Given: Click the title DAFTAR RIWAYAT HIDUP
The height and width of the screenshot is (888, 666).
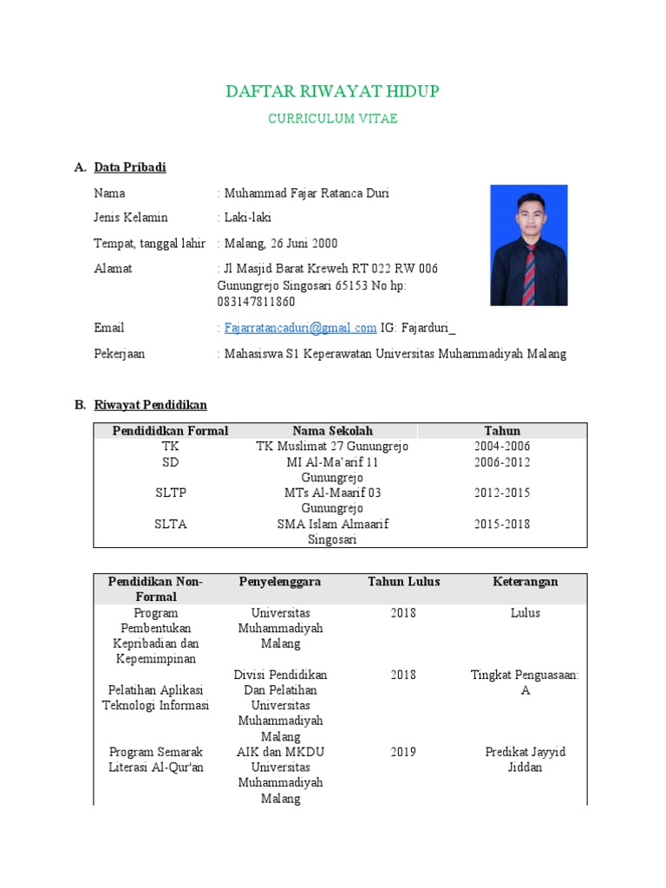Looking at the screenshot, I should pyautogui.click(x=332, y=92).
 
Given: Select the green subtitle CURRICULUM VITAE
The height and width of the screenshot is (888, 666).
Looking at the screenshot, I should pyautogui.click(x=332, y=119).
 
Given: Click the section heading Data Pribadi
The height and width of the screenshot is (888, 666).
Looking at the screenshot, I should pyautogui.click(x=129, y=167).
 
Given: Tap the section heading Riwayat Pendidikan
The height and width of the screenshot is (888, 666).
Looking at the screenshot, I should pyautogui.click(x=150, y=405).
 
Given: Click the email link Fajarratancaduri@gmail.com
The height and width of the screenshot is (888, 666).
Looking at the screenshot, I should pyautogui.click(x=300, y=328).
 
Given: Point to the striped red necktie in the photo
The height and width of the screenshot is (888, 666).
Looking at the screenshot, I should pyautogui.click(x=529, y=272).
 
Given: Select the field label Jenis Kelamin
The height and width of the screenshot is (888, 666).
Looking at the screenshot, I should pyautogui.click(x=131, y=218).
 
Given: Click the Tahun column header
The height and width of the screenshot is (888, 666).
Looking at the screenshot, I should pyautogui.click(x=502, y=431).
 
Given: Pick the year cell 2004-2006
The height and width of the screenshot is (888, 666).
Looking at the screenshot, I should pyautogui.click(x=502, y=447).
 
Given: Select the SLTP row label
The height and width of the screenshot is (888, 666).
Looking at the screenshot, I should pyautogui.click(x=171, y=493).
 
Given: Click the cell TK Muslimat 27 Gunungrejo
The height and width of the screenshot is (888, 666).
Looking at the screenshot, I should pyautogui.click(x=332, y=447).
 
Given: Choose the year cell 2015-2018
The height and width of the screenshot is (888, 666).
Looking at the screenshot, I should pyautogui.click(x=502, y=524).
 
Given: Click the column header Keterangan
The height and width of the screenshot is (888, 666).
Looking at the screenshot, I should pyautogui.click(x=525, y=582).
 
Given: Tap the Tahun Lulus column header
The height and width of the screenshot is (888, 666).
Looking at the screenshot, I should pyautogui.click(x=403, y=582).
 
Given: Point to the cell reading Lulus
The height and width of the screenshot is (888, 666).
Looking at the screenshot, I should pyautogui.click(x=525, y=613).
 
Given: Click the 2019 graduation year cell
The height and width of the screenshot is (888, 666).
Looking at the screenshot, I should pyautogui.click(x=403, y=752).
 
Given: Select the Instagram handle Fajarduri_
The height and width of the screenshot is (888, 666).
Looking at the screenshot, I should pyautogui.click(x=429, y=328).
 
